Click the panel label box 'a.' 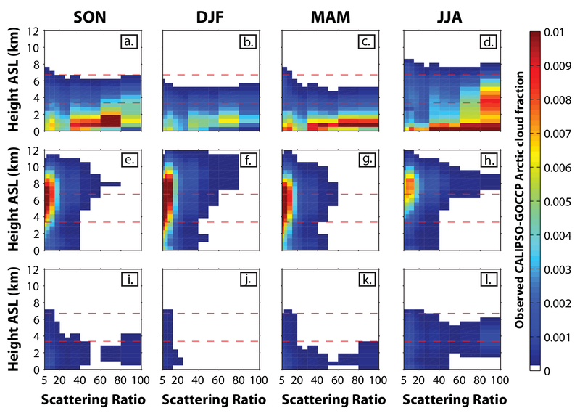(x=130, y=41)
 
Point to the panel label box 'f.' (x=249, y=161)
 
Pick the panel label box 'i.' (x=130, y=280)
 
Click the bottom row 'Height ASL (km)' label (x=14, y=319)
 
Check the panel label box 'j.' (x=249, y=280)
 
